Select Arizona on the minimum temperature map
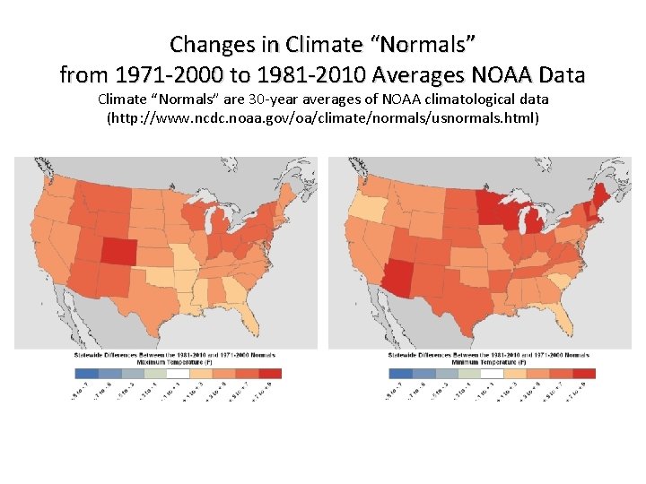[399, 281]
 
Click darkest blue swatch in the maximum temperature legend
[87, 374]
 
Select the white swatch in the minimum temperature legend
[493, 374]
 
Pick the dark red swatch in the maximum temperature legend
[269, 374]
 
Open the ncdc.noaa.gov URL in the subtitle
[323, 117]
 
